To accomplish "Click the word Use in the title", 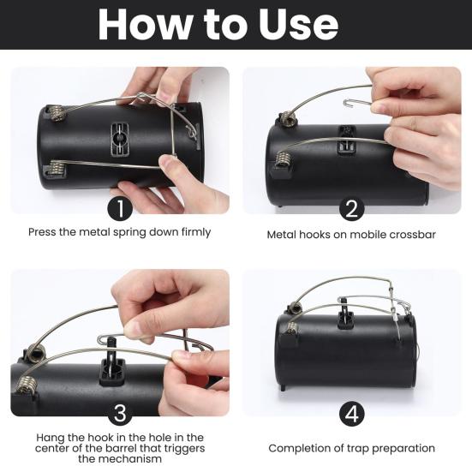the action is [299, 25].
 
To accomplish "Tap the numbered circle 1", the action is [120, 208].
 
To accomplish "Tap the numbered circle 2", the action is [351, 208].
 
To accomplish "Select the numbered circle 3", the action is [120, 413].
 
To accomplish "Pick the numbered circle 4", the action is [351, 415].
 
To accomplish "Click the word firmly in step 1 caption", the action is [196, 232].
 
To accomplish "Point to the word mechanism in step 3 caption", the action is [120, 459].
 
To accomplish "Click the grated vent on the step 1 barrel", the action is [120, 139].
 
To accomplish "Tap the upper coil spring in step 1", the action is [57, 113].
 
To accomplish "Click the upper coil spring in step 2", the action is [288, 118].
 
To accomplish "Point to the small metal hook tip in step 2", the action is [345, 104].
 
